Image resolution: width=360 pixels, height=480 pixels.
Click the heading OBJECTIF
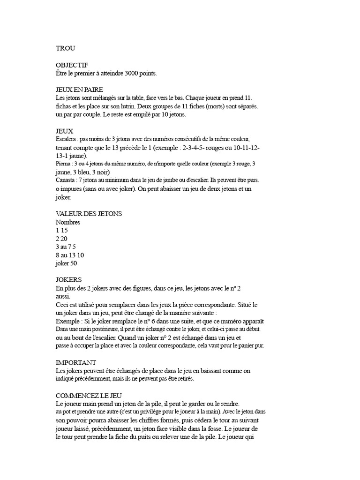click(72, 65)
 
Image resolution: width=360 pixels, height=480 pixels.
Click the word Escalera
click(66, 139)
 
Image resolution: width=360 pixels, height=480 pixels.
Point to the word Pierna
click(63, 164)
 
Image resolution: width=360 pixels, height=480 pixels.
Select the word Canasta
click(66, 180)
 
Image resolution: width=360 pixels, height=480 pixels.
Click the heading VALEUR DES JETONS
click(89, 213)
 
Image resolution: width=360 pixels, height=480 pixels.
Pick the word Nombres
click(68, 222)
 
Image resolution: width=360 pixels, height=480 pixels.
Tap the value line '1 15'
click(62, 231)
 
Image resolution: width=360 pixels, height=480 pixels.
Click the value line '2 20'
click(62, 239)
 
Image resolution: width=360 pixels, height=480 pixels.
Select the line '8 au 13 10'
click(70, 255)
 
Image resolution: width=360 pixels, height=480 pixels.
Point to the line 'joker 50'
click(66, 263)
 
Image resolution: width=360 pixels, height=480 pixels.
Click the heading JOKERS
click(68, 280)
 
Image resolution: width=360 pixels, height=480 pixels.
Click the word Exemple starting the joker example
click(67, 322)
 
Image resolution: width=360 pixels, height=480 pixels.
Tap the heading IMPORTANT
click(76, 362)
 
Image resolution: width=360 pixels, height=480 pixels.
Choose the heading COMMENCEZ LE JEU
click(89, 395)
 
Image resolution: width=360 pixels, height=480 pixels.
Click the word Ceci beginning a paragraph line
click(63, 305)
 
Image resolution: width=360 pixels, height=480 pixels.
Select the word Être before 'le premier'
click(62, 74)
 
